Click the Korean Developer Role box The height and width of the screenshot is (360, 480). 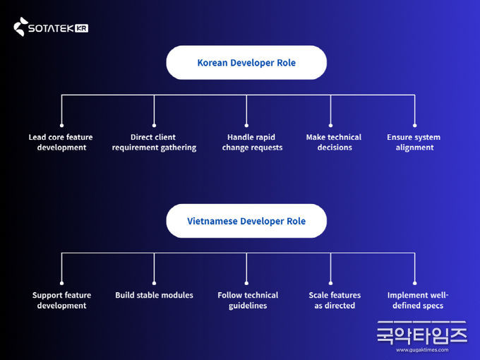(x=246, y=62)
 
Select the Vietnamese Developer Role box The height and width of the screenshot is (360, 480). (x=246, y=221)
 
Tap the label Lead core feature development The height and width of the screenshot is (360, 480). (x=61, y=143)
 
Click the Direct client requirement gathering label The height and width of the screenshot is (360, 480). (x=154, y=143)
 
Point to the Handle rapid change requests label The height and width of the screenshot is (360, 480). (x=252, y=143)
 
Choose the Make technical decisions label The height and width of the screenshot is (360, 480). (x=334, y=143)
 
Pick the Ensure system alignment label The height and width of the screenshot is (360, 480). (x=414, y=143)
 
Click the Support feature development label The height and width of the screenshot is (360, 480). (x=62, y=300)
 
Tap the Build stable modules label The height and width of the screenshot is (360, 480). (x=155, y=295)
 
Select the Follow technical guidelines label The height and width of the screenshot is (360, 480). (x=248, y=300)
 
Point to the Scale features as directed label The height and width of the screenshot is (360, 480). (x=335, y=300)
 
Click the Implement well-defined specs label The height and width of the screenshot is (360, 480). (x=418, y=300)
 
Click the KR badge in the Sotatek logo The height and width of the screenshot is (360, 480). (x=81, y=28)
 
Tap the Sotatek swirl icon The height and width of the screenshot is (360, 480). (x=20, y=27)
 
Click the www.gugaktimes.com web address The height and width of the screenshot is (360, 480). (x=422, y=350)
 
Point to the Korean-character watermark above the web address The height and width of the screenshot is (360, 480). (x=422, y=333)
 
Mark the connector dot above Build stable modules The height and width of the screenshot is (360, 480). (x=154, y=283)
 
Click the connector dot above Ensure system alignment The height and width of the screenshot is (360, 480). (x=415, y=125)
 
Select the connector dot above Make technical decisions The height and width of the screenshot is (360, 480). (x=330, y=125)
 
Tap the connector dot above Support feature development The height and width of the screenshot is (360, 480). (x=62, y=283)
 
